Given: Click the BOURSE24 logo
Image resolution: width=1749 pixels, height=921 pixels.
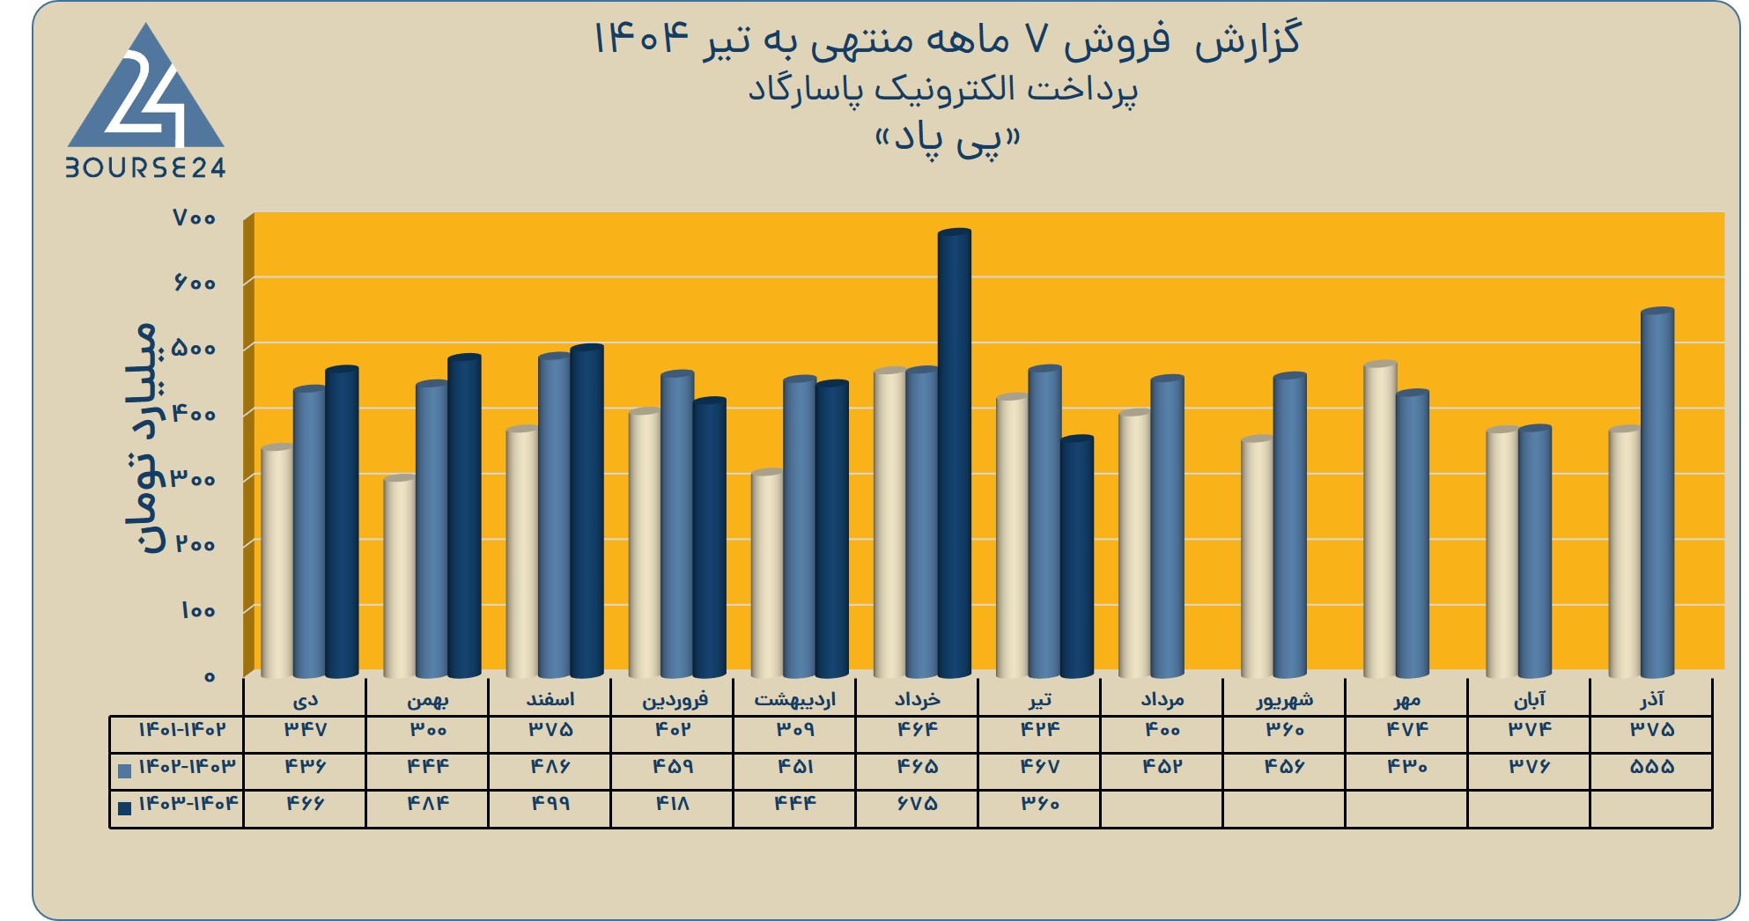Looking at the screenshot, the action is tap(145, 101).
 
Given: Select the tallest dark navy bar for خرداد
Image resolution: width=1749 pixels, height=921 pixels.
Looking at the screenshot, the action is tap(955, 453).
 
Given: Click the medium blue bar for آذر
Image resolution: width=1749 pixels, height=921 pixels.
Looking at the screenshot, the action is tap(1657, 493).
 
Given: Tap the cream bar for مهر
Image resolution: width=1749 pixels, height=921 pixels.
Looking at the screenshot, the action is tap(1381, 519).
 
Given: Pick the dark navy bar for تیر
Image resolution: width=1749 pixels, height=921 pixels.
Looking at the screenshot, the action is tap(1077, 556).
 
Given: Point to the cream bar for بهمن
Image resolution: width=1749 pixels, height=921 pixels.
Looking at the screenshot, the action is tap(400, 577).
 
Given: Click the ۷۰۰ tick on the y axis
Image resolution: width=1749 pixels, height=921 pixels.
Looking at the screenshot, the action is tap(195, 217).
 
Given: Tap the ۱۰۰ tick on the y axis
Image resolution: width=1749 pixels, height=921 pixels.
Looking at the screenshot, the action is tap(198, 610).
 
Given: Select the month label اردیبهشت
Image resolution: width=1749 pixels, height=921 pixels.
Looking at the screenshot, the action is tap(794, 700).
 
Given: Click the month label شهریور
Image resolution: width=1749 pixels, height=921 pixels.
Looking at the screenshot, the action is tap(1284, 700).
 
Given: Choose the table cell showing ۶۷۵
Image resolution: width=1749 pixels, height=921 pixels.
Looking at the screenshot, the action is tap(917, 804).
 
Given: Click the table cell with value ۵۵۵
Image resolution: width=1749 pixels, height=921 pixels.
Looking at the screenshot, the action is tap(1652, 767).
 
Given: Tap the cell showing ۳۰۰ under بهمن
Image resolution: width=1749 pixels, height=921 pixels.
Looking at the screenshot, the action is tap(427, 730).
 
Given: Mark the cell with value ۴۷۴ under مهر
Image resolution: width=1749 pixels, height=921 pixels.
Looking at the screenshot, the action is tap(1406, 730).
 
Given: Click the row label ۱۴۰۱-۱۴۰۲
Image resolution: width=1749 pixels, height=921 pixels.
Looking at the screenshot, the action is tap(182, 730).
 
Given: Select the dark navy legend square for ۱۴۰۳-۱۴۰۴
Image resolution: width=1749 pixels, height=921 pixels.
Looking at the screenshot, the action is tap(124, 808).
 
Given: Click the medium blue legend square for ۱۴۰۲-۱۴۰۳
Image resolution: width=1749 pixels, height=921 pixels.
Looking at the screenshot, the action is tap(124, 771).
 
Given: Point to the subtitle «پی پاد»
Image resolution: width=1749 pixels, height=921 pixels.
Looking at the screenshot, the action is tap(948, 141).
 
